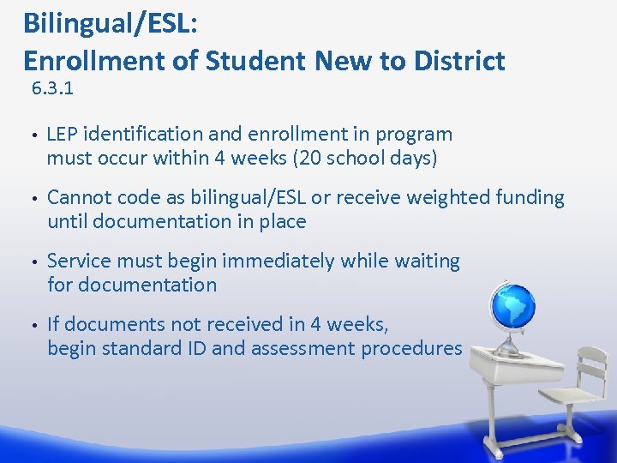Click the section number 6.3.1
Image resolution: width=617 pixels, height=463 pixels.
[x=51, y=88]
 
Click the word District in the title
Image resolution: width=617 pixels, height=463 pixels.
[x=458, y=61]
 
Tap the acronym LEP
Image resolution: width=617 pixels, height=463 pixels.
[x=63, y=135]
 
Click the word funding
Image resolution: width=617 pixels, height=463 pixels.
[x=530, y=198]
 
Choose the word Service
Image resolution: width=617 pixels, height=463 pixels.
[x=80, y=261]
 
